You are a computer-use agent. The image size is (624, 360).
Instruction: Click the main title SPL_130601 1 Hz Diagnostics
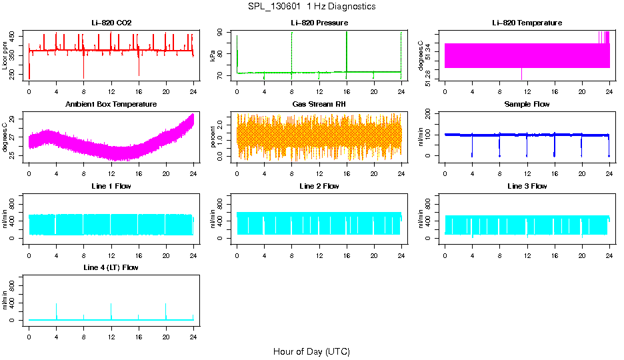pyautogui.click(x=311, y=7)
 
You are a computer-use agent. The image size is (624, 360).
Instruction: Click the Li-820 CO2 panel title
pyautogui.click(x=111, y=23)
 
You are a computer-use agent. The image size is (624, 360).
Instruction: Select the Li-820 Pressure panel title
pyautogui.click(x=319, y=23)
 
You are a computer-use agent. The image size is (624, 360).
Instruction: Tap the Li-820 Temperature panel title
pyautogui.click(x=527, y=23)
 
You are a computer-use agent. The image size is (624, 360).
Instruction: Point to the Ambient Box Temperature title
pyautogui.click(x=111, y=105)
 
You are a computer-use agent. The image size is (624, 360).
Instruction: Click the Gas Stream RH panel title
pyautogui.click(x=319, y=105)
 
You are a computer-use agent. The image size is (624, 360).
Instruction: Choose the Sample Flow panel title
pyautogui.click(x=527, y=105)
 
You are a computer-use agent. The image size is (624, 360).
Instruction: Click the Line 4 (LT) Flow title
pyautogui.click(x=111, y=267)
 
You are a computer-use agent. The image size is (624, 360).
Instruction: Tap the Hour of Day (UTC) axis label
pyautogui.click(x=311, y=351)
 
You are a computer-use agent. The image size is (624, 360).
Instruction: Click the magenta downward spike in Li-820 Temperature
pyautogui.click(x=521, y=74)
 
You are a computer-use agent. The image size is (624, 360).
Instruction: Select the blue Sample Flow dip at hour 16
pyautogui.click(x=555, y=147)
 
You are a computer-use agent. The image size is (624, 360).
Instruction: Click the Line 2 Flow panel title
pyautogui.click(x=319, y=186)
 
